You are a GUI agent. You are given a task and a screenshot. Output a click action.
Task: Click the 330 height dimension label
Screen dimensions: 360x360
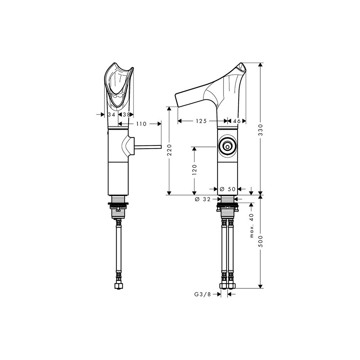click(260, 130)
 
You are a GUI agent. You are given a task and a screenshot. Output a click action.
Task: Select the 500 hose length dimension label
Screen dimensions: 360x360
click(260, 241)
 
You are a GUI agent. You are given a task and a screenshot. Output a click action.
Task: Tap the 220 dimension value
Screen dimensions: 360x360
click(170, 150)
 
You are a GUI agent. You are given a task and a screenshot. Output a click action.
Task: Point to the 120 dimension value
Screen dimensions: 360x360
click(194, 170)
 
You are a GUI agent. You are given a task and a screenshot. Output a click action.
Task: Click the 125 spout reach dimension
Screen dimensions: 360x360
click(202, 121)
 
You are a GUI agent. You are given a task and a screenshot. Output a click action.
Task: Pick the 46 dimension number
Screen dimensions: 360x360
click(237, 121)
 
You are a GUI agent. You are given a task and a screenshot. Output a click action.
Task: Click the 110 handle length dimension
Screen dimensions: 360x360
click(141, 124)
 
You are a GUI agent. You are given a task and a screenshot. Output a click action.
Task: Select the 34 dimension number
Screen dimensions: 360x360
click(112, 114)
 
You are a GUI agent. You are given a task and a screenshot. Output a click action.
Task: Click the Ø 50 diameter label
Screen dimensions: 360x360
click(228, 189)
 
